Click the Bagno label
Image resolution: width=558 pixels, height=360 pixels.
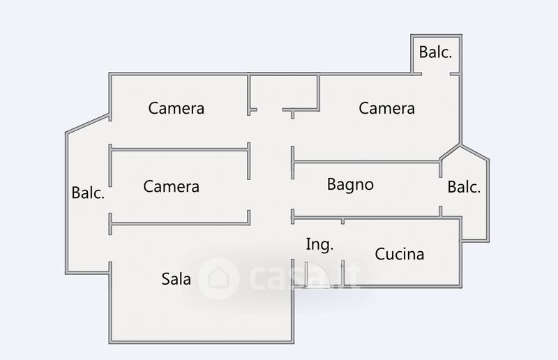(350, 185)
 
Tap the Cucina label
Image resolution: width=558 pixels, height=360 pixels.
(400, 254)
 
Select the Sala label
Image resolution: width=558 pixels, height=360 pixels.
(176, 279)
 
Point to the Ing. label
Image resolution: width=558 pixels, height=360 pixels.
(319, 244)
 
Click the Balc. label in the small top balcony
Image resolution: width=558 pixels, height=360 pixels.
(435, 52)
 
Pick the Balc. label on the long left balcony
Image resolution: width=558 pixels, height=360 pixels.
(88, 193)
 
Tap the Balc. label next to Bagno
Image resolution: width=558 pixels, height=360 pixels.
(464, 187)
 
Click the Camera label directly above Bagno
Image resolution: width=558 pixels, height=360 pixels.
(386, 108)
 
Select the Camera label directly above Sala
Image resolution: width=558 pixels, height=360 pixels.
(171, 186)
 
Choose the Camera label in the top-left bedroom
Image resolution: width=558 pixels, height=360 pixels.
(176, 108)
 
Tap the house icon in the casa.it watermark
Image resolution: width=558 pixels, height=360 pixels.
(216, 277)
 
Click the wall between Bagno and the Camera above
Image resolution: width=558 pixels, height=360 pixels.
(366, 163)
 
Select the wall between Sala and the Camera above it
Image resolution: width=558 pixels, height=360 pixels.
(179, 223)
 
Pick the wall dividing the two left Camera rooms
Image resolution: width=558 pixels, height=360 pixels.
(179, 147)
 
